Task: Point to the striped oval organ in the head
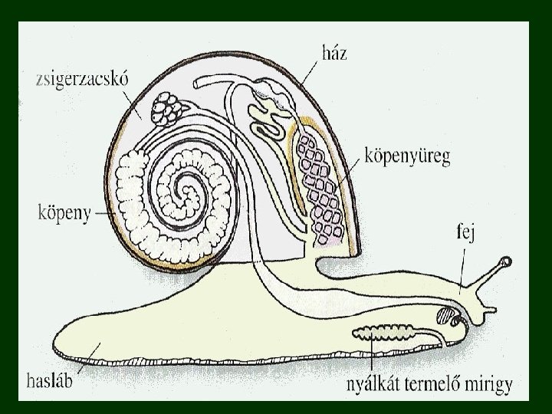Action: point(445,314)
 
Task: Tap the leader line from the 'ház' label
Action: point(314,72)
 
